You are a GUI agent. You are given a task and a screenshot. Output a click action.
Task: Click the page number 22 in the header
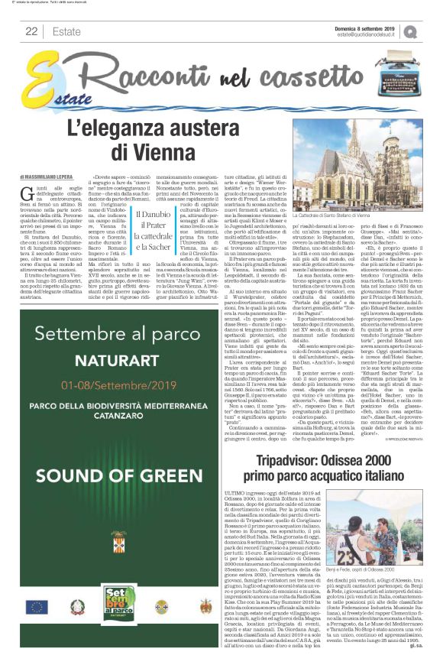click(x=31, y=31)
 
